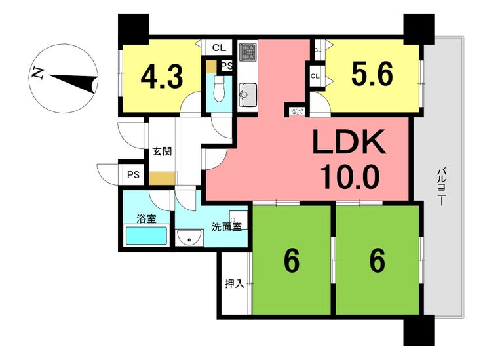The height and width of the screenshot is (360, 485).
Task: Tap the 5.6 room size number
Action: point(372,75)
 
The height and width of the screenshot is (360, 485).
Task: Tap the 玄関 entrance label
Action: point(162,151)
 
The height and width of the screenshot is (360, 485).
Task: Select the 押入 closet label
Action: point(234,283)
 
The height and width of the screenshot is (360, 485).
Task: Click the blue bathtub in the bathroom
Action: point(146,235)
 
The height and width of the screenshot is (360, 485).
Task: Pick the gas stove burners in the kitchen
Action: point(248,52)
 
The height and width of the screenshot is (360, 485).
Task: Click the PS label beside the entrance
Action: point(134,175)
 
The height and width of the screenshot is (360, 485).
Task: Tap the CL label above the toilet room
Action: point(218,48)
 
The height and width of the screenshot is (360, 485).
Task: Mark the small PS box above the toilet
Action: point(227,66)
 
